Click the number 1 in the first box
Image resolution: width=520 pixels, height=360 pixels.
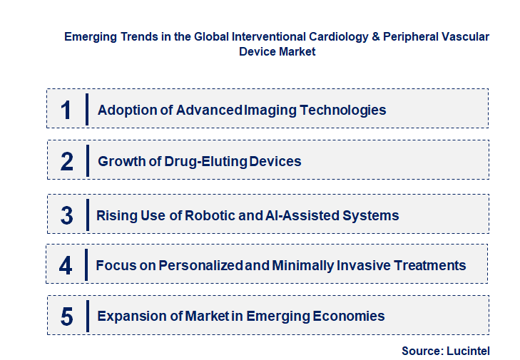(x=66, y=110)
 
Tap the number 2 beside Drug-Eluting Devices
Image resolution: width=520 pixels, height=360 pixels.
(x=67, y=161)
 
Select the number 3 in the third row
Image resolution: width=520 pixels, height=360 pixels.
(x=66, y=215)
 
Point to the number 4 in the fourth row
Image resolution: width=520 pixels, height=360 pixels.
(x=66, y=265)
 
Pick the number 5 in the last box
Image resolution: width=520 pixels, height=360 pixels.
(x=66, y=316)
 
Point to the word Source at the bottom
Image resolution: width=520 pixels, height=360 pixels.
(x=421, y=350)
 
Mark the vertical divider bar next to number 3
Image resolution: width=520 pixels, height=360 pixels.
(x=87, y=215)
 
